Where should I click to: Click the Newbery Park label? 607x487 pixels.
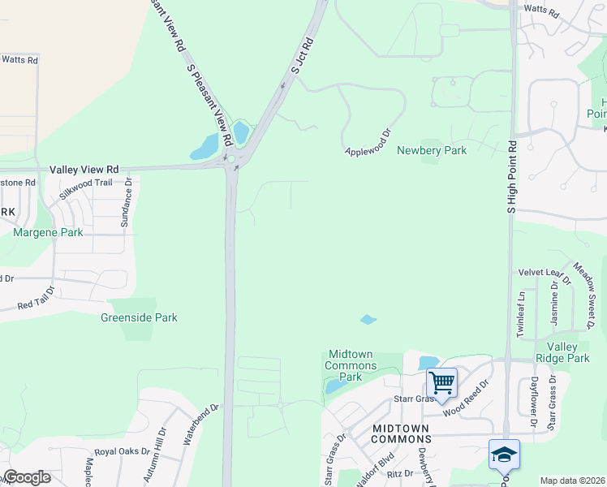[432, 151]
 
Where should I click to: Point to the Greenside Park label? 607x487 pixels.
[139, 317]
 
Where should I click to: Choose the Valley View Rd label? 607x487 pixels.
[84, 170]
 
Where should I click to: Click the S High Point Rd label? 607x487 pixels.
[511, 178]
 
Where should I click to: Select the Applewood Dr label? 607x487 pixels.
[368, 142]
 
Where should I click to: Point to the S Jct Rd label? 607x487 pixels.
[302, 54]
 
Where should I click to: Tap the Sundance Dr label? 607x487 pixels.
[128, 202]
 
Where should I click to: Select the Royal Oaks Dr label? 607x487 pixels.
[122, 451]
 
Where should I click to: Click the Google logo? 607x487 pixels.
[27, 477]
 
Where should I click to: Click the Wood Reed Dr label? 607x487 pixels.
[467, 397]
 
